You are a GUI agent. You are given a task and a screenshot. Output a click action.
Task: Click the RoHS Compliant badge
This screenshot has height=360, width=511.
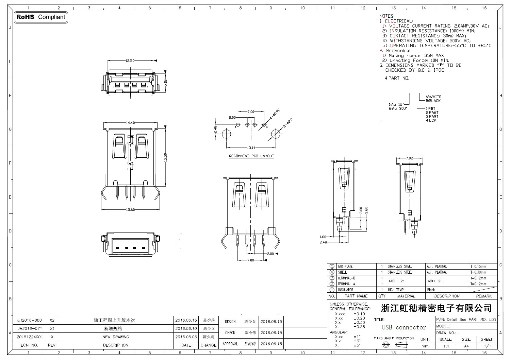click(x=41, y=17)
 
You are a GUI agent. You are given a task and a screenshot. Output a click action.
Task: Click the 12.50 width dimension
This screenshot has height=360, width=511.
click(x=130, y=61)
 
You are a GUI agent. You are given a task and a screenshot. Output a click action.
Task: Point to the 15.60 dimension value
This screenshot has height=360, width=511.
click(x=131, y=210)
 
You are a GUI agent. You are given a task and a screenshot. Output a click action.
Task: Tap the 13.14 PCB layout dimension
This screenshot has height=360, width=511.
click(x=251, y=148)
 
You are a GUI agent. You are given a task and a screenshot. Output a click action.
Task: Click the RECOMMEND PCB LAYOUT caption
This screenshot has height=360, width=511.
click(x=251, y=156)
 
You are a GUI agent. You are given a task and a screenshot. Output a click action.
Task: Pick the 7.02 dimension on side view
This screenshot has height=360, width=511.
click(x=409, y=158)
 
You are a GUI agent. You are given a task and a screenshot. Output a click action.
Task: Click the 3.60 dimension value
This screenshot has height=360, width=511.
click(x=366, y=210)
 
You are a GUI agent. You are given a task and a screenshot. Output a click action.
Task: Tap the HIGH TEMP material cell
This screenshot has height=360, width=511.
click(x=396, y=290)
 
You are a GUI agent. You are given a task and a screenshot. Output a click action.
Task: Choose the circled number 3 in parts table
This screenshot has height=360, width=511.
click(x=332, y=278)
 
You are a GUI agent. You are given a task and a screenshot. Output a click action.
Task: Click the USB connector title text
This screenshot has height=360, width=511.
click(x=404, y=328)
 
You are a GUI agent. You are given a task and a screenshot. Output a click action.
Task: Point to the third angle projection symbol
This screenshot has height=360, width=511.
click(x=394, y=345)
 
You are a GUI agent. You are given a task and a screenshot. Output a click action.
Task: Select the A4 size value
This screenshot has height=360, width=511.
click(x=466, y=346)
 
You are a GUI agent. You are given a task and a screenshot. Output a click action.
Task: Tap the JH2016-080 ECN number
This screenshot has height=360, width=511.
click(x=30, y=320)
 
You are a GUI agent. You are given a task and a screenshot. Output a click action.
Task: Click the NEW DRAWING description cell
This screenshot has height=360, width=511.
click(x=116, y=337)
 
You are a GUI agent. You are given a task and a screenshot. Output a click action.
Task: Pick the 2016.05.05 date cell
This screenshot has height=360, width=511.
click(x=186, y=337)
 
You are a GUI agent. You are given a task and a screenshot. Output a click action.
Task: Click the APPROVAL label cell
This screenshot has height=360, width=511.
click(x=230, y=344)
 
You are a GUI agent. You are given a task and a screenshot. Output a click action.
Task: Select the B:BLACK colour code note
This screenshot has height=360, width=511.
click(x=433, y=101)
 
